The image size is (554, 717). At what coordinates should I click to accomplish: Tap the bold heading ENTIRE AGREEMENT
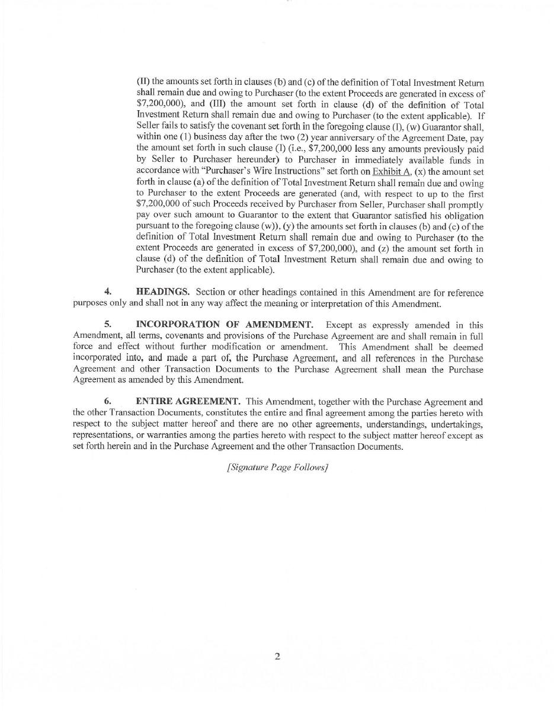(188, 402)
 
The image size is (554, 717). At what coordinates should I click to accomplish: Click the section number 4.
(108, 292)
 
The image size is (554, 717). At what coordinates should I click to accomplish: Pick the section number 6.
(108, 402)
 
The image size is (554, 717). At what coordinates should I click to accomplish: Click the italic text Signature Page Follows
(277, 467)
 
